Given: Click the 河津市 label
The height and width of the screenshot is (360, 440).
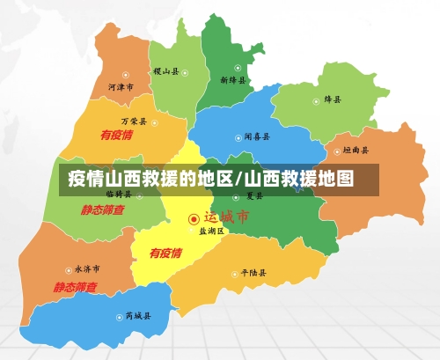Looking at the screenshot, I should [121, 88].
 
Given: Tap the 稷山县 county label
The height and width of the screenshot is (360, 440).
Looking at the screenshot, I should [165, 70].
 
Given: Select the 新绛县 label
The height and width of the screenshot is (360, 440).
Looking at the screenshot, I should [234, 80].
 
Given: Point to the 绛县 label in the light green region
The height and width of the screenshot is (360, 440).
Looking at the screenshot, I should [333, 99].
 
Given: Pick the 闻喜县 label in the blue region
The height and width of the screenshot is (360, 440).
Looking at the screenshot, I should [256, 137].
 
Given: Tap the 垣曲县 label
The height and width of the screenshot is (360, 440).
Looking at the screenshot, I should [356, 151].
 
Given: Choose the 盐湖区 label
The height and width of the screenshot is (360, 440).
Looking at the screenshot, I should [211, 231].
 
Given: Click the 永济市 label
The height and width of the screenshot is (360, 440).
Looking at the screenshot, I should [86, 268].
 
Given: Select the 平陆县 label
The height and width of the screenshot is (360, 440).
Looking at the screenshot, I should [253, 273].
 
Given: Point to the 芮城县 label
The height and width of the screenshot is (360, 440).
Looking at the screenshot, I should [137, 315].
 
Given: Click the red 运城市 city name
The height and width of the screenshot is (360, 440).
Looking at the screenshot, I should [226, 217].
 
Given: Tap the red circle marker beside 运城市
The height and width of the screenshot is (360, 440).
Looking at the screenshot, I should [194, 218].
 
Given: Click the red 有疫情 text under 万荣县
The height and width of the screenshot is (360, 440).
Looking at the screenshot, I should [116, 136].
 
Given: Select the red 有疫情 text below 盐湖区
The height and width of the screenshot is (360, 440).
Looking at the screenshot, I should [165, 253].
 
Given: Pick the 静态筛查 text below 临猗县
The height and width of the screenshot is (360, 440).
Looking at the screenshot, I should [103, 210].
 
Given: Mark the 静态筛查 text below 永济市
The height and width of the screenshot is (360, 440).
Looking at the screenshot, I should [75, 287].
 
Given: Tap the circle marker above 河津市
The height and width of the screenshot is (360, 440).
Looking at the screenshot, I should [126, 75].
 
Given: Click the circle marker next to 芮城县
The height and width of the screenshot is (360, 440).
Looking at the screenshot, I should [119, 316].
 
